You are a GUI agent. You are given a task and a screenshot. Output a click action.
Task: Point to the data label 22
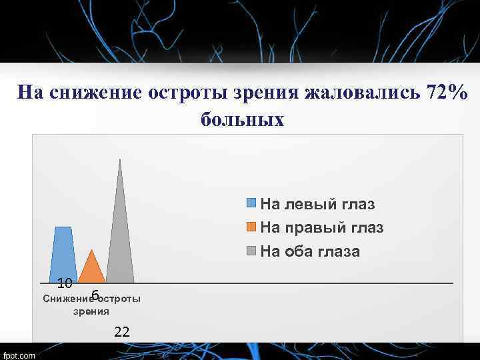[x=122, y=331]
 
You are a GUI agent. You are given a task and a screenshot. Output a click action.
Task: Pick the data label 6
[x=95, y=295]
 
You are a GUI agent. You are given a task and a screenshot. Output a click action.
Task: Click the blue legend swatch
[x=252, y=204]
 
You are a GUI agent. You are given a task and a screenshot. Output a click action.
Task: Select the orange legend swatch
[x=252, y=227]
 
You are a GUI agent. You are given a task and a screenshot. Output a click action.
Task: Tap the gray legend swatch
[x=252, y=251]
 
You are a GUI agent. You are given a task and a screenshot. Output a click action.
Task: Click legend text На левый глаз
[x=317, y=204]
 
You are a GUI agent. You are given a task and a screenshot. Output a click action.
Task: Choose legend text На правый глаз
[x=321, y=227]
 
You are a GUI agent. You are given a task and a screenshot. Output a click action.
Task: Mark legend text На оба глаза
[x=310, y=251]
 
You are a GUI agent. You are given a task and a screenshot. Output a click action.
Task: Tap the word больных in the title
[x=242, y=120]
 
